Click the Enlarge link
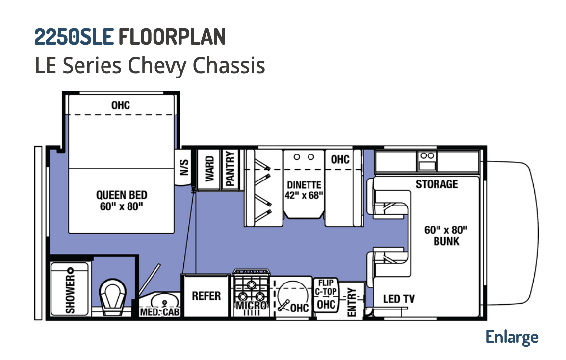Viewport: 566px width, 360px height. [x=512, y=337]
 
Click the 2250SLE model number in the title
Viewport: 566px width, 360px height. [x=74, y=37]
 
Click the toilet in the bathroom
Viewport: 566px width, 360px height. [x=112, y=296]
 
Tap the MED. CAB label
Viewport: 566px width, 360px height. [x=159, y=311]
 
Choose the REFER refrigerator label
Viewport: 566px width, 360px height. [x=206, y=296]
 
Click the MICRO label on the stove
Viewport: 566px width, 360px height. [x=252, y=306]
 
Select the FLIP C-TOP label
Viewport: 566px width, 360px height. [x=326, y=287]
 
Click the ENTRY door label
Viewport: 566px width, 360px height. [x=352, y=302]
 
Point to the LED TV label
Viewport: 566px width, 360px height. [x=399, y=299]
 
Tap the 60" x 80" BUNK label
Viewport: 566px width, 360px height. [x=446, y=235]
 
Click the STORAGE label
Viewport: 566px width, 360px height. [x=437, y=184]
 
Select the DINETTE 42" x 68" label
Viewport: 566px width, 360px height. [x=304, y=190]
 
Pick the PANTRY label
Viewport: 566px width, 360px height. [x=230, y=168]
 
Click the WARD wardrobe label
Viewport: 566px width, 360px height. [x=209, y=168]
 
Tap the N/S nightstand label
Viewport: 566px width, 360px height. [x=184, y=167]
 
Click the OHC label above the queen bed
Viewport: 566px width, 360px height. [x=121, y=105]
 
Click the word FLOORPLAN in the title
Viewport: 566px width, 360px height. [x=172, y=37]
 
